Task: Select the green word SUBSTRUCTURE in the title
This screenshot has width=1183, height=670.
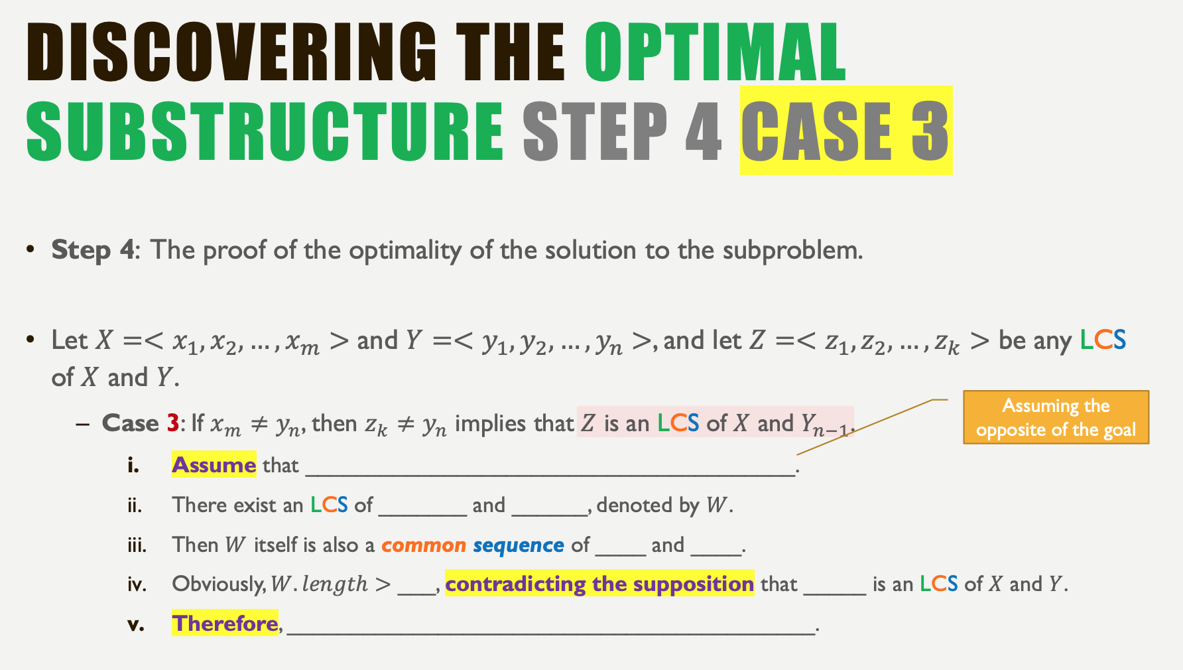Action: pyautogui.click(x=265, y=131)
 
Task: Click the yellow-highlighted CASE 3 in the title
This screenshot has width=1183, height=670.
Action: pyautogui.click(x=845, y=131)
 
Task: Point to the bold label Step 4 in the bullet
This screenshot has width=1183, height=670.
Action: pyautogui.click(x=93, y=250)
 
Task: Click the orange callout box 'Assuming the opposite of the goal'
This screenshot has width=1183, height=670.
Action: pyautogui.click(x=1056, y=417)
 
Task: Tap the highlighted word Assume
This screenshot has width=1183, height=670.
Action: pyautogui.click(x=214, y=465)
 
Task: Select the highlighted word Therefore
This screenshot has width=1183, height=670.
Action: pyautogui.click(x=225, y=624)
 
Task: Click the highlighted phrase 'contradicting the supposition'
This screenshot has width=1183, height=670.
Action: pyautogui.click(x=599, y=584)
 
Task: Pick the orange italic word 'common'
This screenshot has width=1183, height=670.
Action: pyautogui.click(x=424, y=545)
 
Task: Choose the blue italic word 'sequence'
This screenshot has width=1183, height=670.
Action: pyautogui.click(x=519, y=545)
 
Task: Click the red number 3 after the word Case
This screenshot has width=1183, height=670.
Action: pyautogui.click(x=173, y=423)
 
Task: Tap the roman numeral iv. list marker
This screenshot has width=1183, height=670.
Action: pyautogui.click(x=137, y=584)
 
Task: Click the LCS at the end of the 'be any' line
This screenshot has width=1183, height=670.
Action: pyautogui.click(x=1103, y=340)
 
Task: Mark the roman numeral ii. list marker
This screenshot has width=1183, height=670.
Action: pyautogui.click(x=135, y=505)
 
